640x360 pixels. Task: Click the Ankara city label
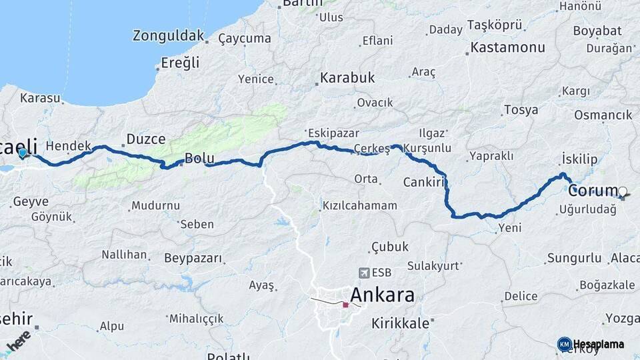[382, 295]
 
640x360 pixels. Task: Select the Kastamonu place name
[507, 48]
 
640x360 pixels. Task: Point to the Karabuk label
[347, 78]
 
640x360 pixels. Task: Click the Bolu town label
[199, 159]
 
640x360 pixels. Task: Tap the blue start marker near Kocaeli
[23, 153]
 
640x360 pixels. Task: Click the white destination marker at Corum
[623, 192]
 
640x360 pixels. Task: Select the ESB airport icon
[364, 273]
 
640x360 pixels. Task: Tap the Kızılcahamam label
[359, 205]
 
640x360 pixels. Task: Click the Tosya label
[521, 110]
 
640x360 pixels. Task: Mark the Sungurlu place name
[574, 258]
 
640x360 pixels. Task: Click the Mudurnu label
[155, 205]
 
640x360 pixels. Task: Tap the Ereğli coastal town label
[180, 63]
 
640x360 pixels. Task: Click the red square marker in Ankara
[345, 305]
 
